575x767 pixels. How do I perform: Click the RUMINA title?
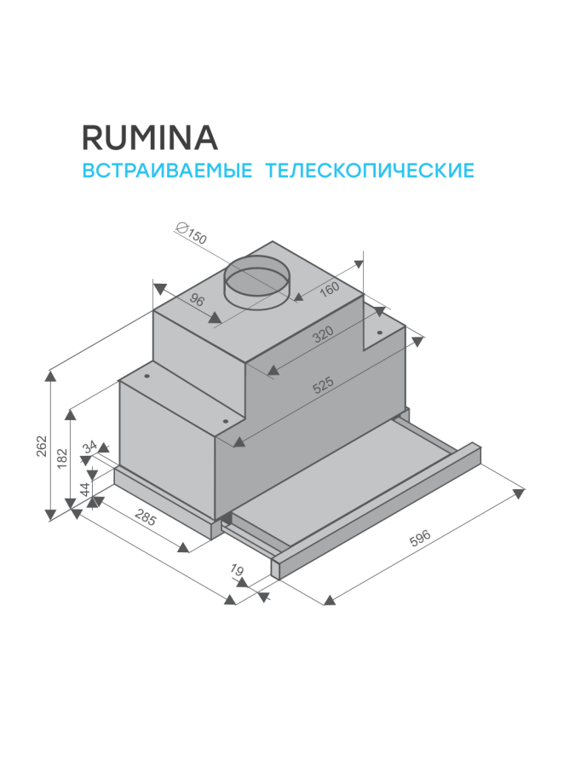coord(149,136)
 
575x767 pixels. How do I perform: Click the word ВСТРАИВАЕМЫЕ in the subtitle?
coord(166,170)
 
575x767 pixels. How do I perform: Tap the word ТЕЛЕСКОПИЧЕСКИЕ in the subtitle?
coord(370,170)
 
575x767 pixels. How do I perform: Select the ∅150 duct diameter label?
coord(190,233)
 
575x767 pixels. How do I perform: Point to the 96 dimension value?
coord(197,300)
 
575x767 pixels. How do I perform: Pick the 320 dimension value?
coord(321,335)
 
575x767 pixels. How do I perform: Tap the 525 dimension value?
coord(323,385)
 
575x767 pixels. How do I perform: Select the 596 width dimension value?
coord(420,538)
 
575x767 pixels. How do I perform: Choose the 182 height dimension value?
coord(60,457)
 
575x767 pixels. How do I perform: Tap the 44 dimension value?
coord(84,490)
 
